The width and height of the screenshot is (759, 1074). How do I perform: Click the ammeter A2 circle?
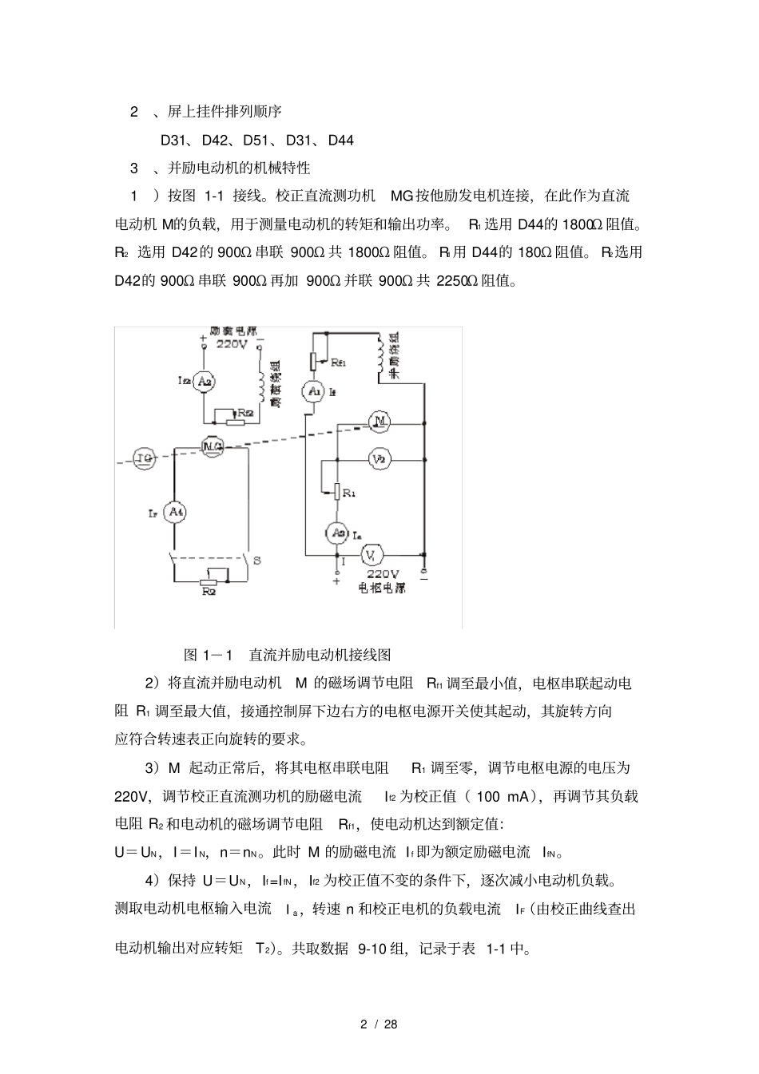[x=205, y=381]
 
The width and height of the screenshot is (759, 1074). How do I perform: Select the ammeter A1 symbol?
[x=313, y=391]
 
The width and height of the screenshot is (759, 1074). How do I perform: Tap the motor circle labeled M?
[x=380, y=421]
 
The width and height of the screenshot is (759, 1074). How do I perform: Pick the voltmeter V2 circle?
[x=380, y=459]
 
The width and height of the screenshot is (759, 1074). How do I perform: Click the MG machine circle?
[x=212, y=445]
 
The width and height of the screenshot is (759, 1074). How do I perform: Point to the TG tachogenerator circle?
[x=145, y=458]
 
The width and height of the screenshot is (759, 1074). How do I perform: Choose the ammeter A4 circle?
[x=175, y=512]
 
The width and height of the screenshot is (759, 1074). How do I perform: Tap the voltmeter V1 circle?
[x=373, y=554]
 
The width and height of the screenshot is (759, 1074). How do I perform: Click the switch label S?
[x=257, y=561]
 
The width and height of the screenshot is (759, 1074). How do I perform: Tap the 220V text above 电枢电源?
[x=383, y=573]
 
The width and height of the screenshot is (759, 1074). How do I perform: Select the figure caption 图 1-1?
[x=207, y=655]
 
